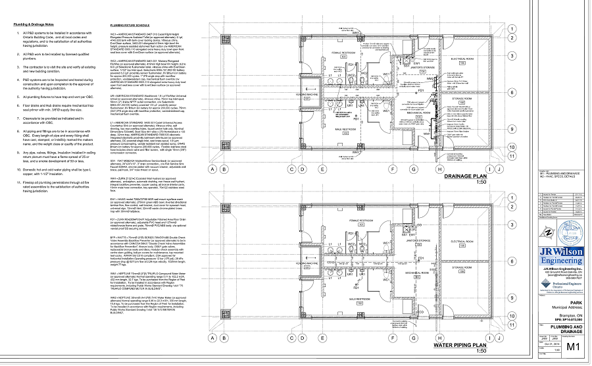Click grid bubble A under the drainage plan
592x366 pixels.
213,169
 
